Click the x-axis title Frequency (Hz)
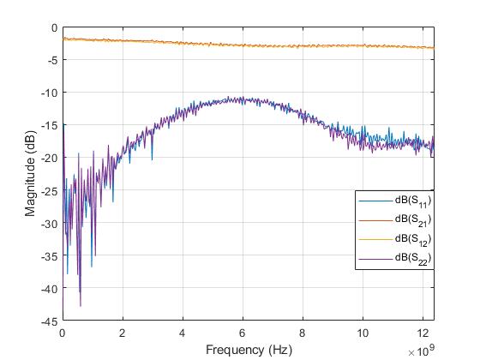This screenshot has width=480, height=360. [x=248, y=349]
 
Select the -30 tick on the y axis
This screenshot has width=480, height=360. [x=51, y=224]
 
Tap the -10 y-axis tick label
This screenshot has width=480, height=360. [x=51, y=93]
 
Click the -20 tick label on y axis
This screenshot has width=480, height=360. [x=51, y=158]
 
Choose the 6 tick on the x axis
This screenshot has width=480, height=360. [x=243, y=333]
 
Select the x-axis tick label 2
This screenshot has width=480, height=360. [x=123, y=333]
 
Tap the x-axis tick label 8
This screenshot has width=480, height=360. [x=302, y=333]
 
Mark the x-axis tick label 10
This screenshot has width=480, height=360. [x=362, y=333]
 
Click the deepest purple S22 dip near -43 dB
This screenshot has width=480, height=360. [x=81, y=305]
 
